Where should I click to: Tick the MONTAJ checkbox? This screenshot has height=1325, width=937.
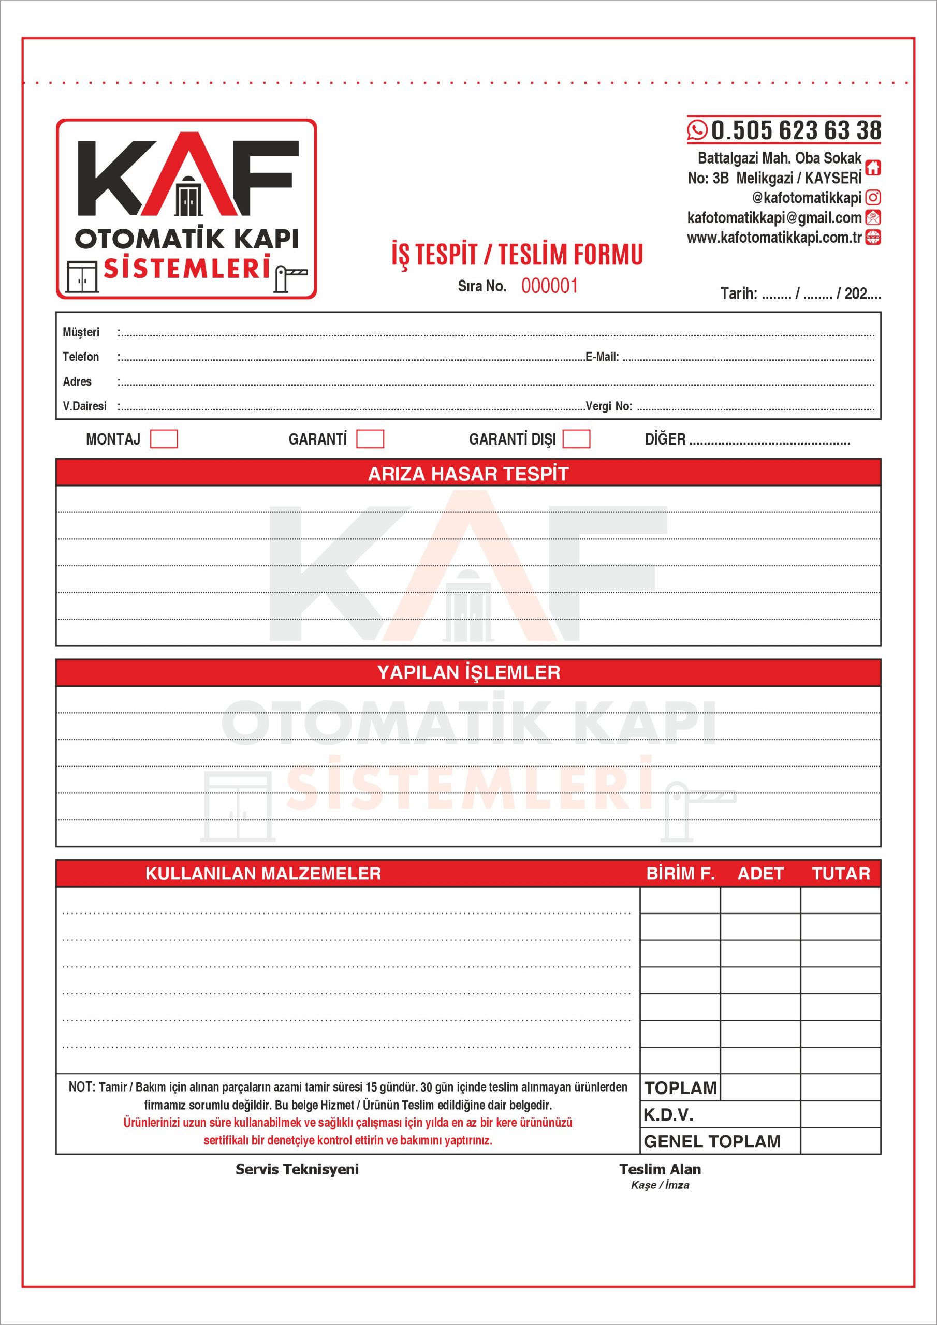coord(164,438)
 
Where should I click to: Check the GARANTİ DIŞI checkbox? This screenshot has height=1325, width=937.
coord(576,438)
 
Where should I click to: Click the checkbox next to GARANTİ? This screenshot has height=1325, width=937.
coord(370,438)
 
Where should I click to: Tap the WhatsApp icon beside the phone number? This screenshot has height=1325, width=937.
coord(697,130)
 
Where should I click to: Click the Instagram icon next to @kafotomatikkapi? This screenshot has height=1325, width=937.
coord(873,197)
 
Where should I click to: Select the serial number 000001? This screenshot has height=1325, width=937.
coord(549,286)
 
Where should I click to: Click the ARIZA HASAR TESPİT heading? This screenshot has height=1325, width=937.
coord(468,474)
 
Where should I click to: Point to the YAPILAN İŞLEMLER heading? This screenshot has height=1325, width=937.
coord(468,672)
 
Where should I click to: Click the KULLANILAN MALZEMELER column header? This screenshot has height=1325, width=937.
coord(263,873)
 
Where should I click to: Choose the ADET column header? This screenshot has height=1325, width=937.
coord(760,873)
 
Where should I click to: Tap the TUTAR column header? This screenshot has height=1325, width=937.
coord(841,873)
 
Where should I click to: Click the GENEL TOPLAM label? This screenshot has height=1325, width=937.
coord(712,1141)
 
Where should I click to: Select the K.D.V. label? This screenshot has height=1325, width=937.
coord(668,1114)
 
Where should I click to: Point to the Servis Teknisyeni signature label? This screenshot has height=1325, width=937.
coord(297,1169)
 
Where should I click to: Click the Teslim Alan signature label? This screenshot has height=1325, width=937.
coord(660,1169)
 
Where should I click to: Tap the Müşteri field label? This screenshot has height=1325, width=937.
coord(81,332)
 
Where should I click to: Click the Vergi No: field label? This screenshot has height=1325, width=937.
coord(608,406)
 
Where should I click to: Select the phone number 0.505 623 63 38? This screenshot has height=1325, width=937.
coord(796,130)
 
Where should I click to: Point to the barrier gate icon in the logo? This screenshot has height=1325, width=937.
coord(290,277)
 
